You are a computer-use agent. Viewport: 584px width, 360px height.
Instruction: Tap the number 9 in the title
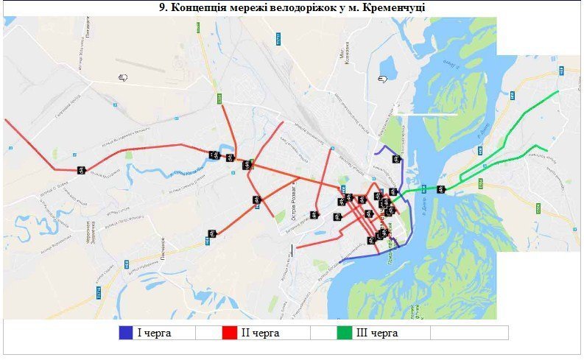[x=163, y=7]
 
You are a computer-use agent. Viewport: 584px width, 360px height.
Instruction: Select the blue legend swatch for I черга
[x=126, y=333]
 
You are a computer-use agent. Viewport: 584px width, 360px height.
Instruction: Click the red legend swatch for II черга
[x=229, y=333]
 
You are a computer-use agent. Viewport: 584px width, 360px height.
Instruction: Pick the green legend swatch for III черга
[x=345, y=333]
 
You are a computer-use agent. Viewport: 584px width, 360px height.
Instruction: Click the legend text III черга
[x=377, y=333]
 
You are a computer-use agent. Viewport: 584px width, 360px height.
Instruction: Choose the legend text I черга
[x=154, y=333]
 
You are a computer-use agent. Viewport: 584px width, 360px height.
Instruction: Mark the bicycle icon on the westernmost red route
[x=81, y=170]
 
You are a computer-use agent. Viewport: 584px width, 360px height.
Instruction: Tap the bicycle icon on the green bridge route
[x=440, y=189]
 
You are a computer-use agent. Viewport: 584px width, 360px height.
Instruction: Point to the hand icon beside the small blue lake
[x=381, y=78]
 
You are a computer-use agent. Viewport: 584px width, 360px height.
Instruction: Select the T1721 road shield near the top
[x=278, y=38]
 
